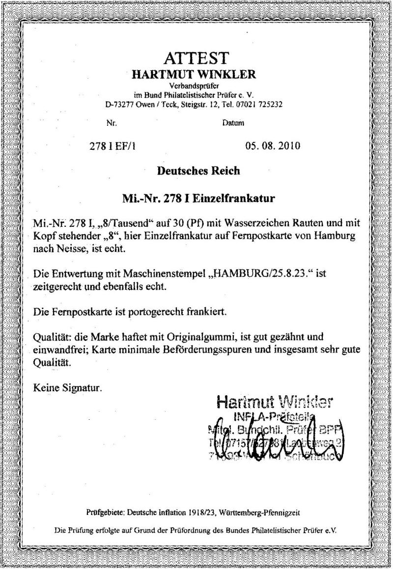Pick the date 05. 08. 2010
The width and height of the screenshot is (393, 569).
(x=272, y=146)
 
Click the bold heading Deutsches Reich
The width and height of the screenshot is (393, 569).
(x=198, y=171)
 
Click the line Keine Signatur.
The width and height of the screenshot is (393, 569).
(x=68, y=388)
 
